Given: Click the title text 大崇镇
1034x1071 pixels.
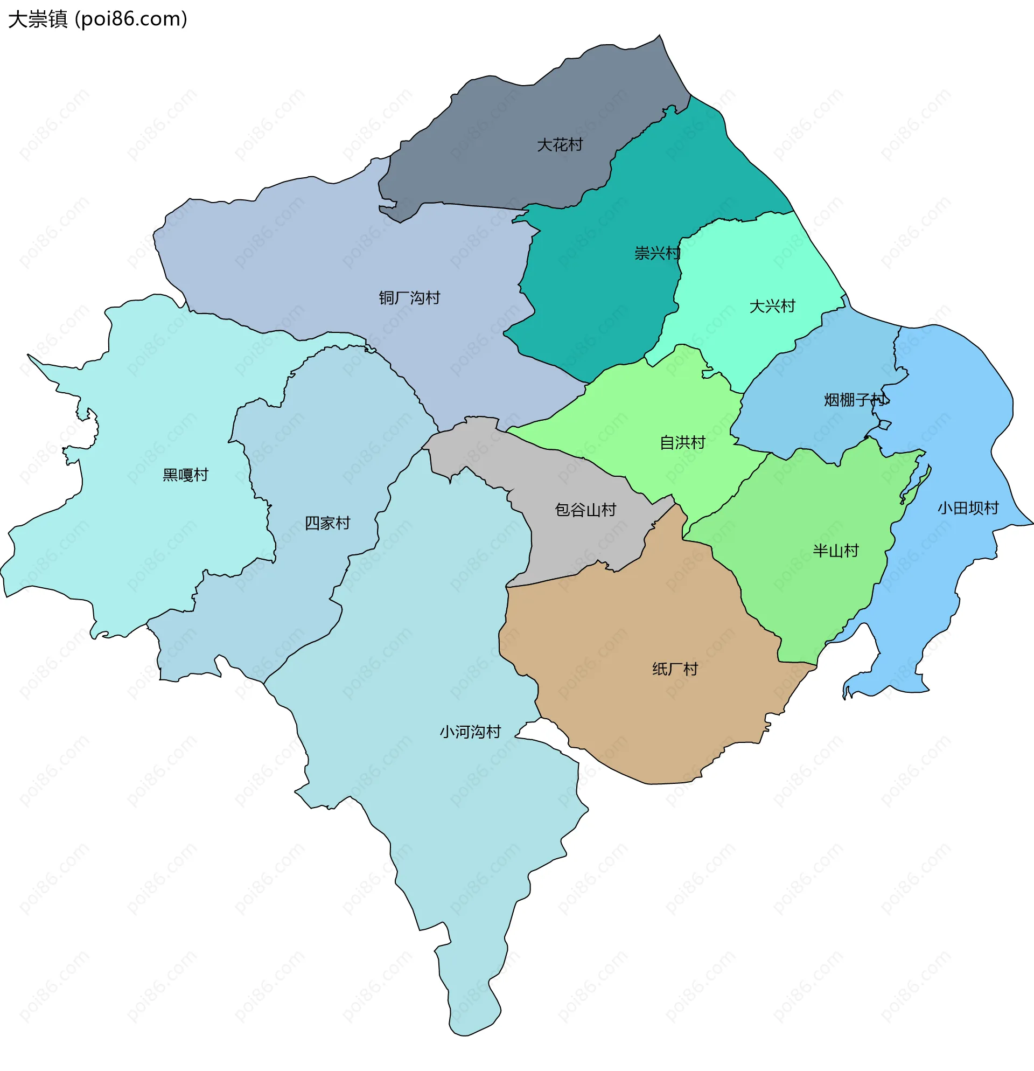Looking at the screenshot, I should (x=37, y=19).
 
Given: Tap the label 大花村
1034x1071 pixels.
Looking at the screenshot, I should (x=560, y=145).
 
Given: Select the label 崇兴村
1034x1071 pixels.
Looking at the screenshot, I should (x=657, y=253).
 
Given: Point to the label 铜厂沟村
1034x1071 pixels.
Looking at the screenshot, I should (x=409, y=298).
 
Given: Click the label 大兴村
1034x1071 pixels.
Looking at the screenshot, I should (x=772, y=306).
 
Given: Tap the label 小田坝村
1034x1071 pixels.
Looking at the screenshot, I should (x=968, y=508).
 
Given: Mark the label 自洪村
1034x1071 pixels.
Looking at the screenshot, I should (x=682, y=443).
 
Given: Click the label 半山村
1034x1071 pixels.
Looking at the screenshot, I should (x=836, y=551).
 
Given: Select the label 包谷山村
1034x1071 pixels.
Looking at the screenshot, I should (x=585, y=510).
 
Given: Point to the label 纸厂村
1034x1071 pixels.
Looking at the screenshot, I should (x=675, y=669).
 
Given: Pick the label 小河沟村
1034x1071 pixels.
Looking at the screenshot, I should (x=470, y=732).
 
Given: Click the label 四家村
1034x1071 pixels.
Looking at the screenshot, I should (x=327, y=524).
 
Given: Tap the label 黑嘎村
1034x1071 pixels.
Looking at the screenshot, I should (x=185, y=475).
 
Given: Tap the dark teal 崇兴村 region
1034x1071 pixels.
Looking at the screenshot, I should (x=590, y=306).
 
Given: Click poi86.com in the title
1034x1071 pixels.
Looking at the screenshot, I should (x=131, y=19).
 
